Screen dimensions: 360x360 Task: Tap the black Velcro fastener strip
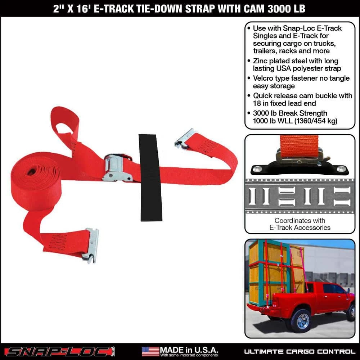click(x=150, y=178)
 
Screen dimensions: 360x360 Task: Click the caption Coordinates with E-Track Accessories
click(x=300, y=224)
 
